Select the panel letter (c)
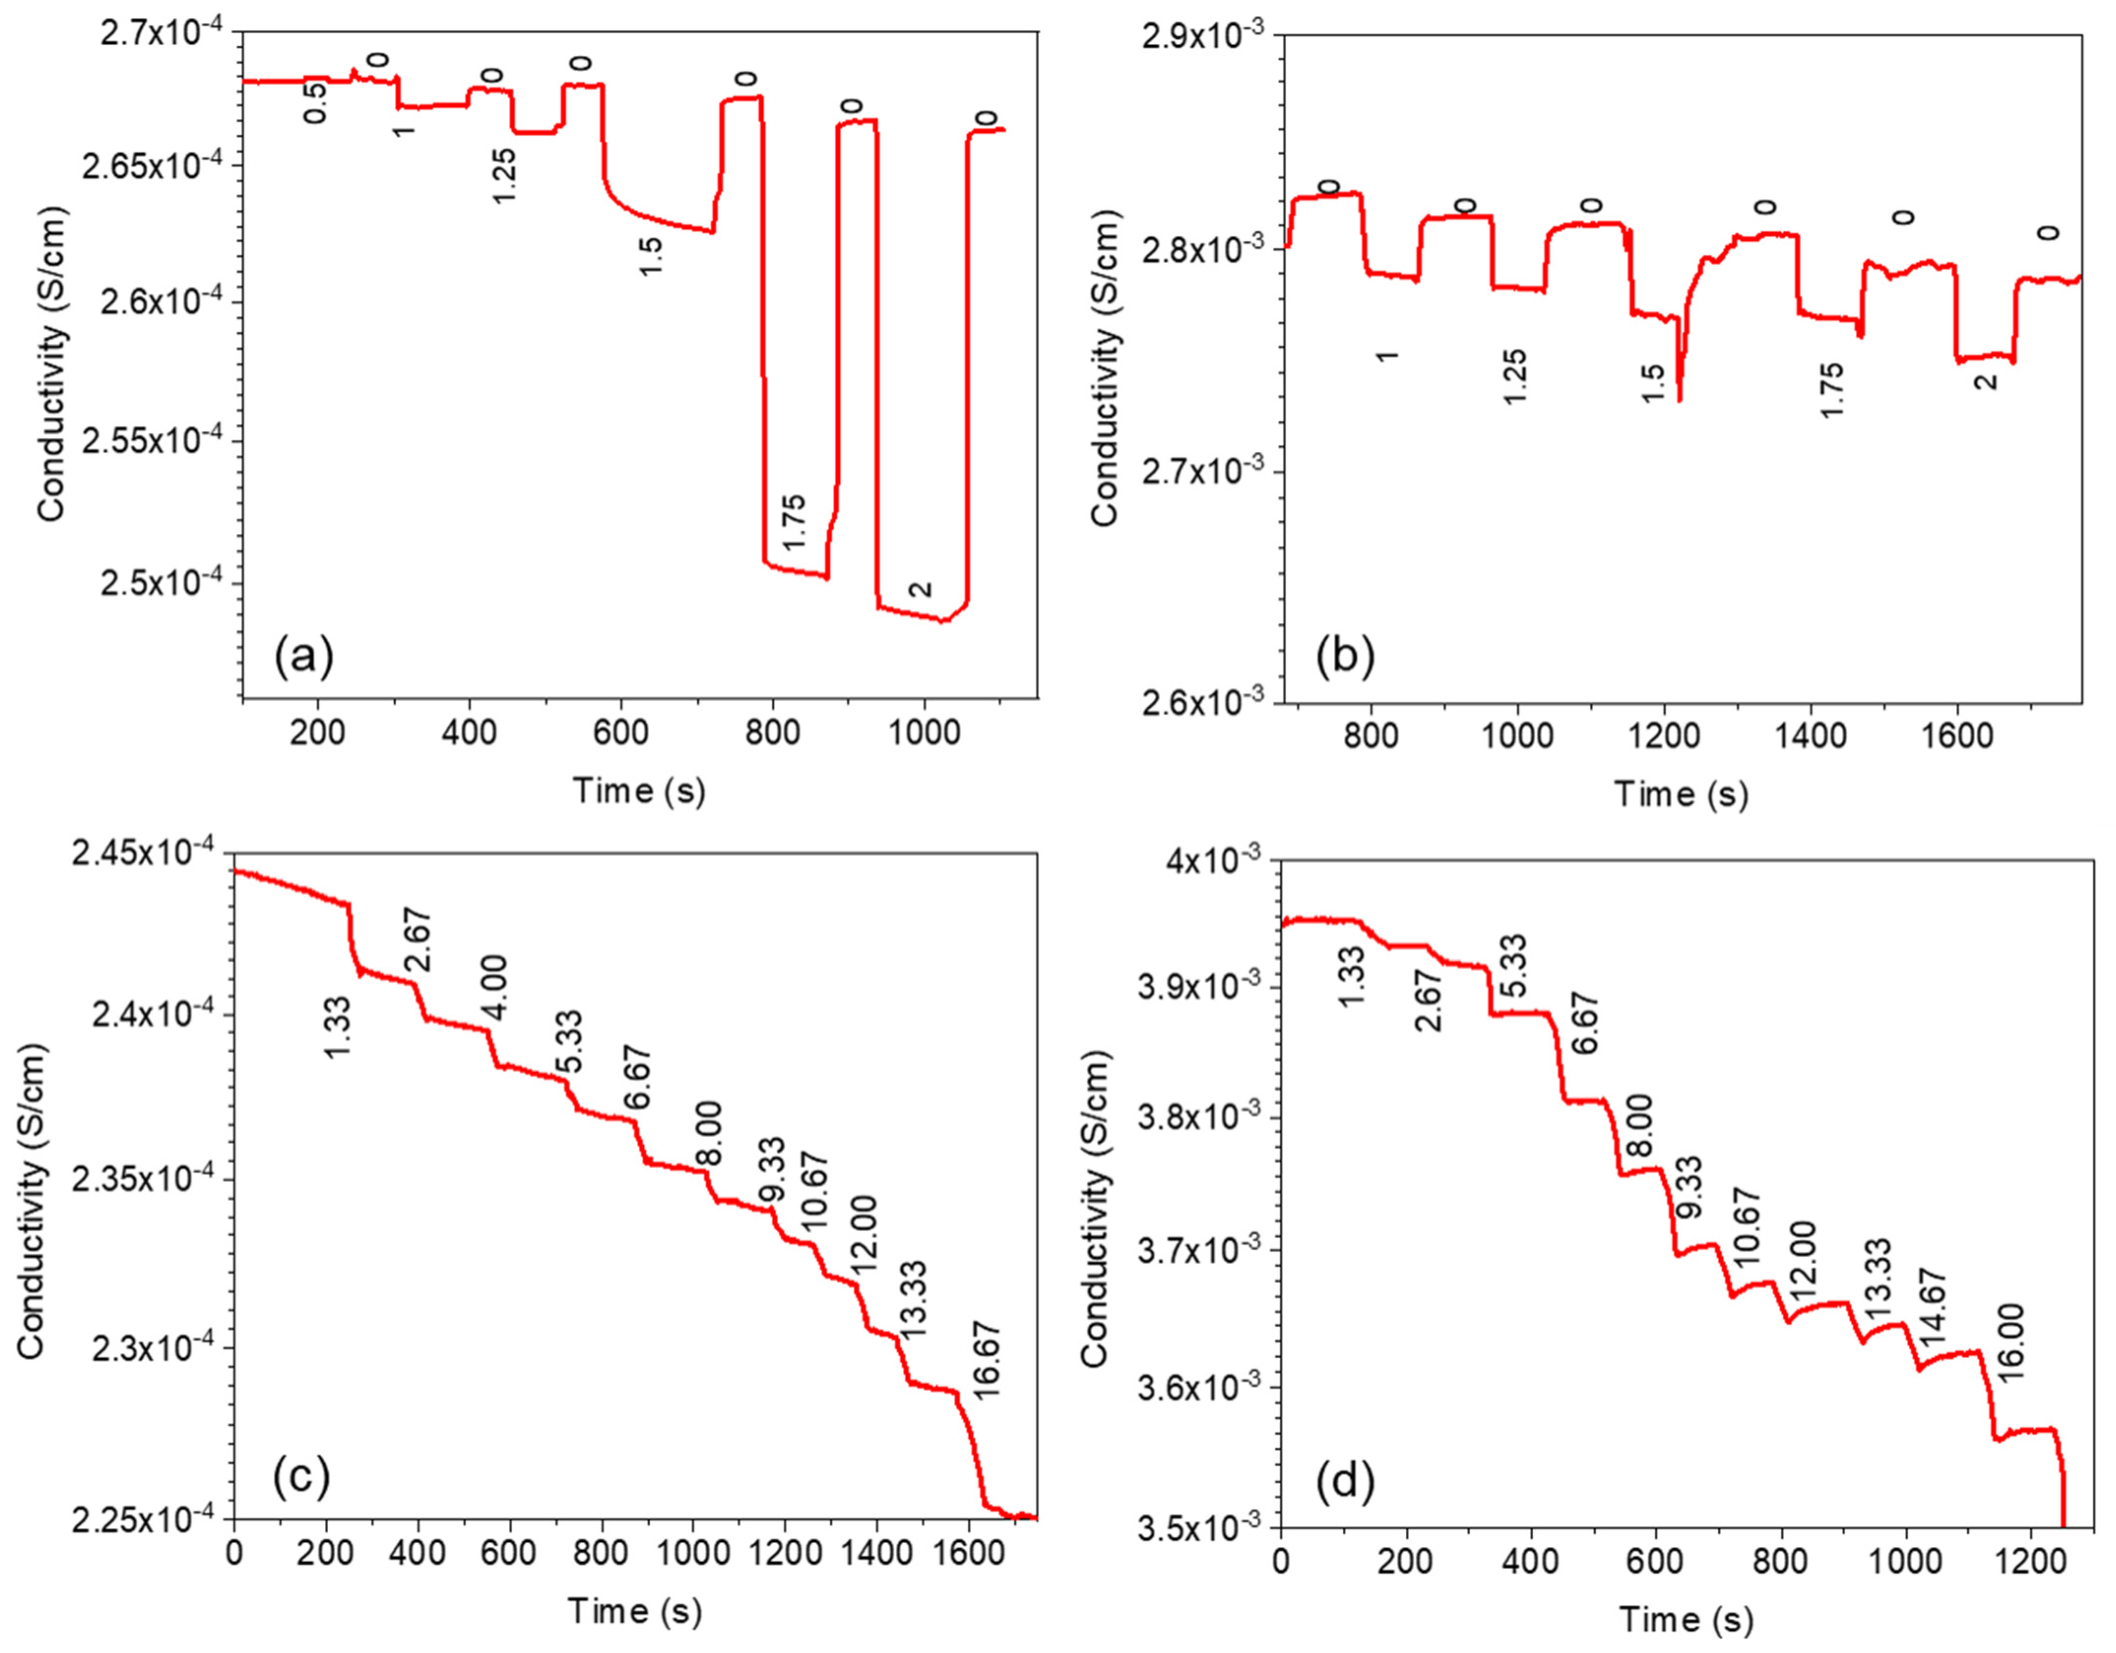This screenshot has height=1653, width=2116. coord(301,1476)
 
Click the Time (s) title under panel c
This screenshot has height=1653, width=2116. coord(634,1610)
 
